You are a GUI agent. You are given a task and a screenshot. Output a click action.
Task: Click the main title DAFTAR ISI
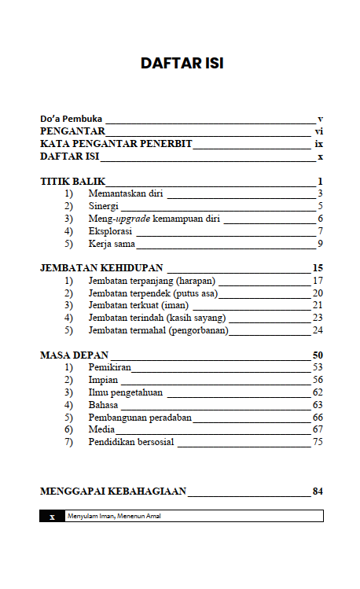click(x=182, y=64)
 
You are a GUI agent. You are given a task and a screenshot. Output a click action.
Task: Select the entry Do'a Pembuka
click(x=71, y=119)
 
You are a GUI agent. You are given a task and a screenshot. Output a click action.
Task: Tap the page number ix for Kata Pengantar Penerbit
click(x=318, y=145)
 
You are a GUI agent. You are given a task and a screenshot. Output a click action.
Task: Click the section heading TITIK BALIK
click(x=72, y=182)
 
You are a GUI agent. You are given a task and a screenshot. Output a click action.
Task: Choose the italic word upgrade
click(x=134, y=219)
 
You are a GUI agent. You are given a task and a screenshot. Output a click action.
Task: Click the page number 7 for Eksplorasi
click(x=321, y=231)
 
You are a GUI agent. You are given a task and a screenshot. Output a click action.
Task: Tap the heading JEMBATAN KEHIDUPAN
click(x=101, y=268)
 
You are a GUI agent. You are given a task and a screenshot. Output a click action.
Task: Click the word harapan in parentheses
click(x=195, y=281)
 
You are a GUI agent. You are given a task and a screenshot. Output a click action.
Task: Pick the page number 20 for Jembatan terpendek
click(x=318, y=293)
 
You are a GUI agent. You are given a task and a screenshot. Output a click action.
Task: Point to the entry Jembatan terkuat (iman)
click(x=140, y=305)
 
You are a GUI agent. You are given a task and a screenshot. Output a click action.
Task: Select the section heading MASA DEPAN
click(x=74, y=355)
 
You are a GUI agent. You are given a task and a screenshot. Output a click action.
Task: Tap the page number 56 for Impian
click(x=318, y=379)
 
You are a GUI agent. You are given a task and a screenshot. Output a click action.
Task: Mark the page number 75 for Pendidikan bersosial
click(x=318, y=441)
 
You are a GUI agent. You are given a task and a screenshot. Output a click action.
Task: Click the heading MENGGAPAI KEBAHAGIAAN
click(x=112, y=491)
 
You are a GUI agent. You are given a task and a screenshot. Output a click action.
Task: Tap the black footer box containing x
click(x=52, y=517)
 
